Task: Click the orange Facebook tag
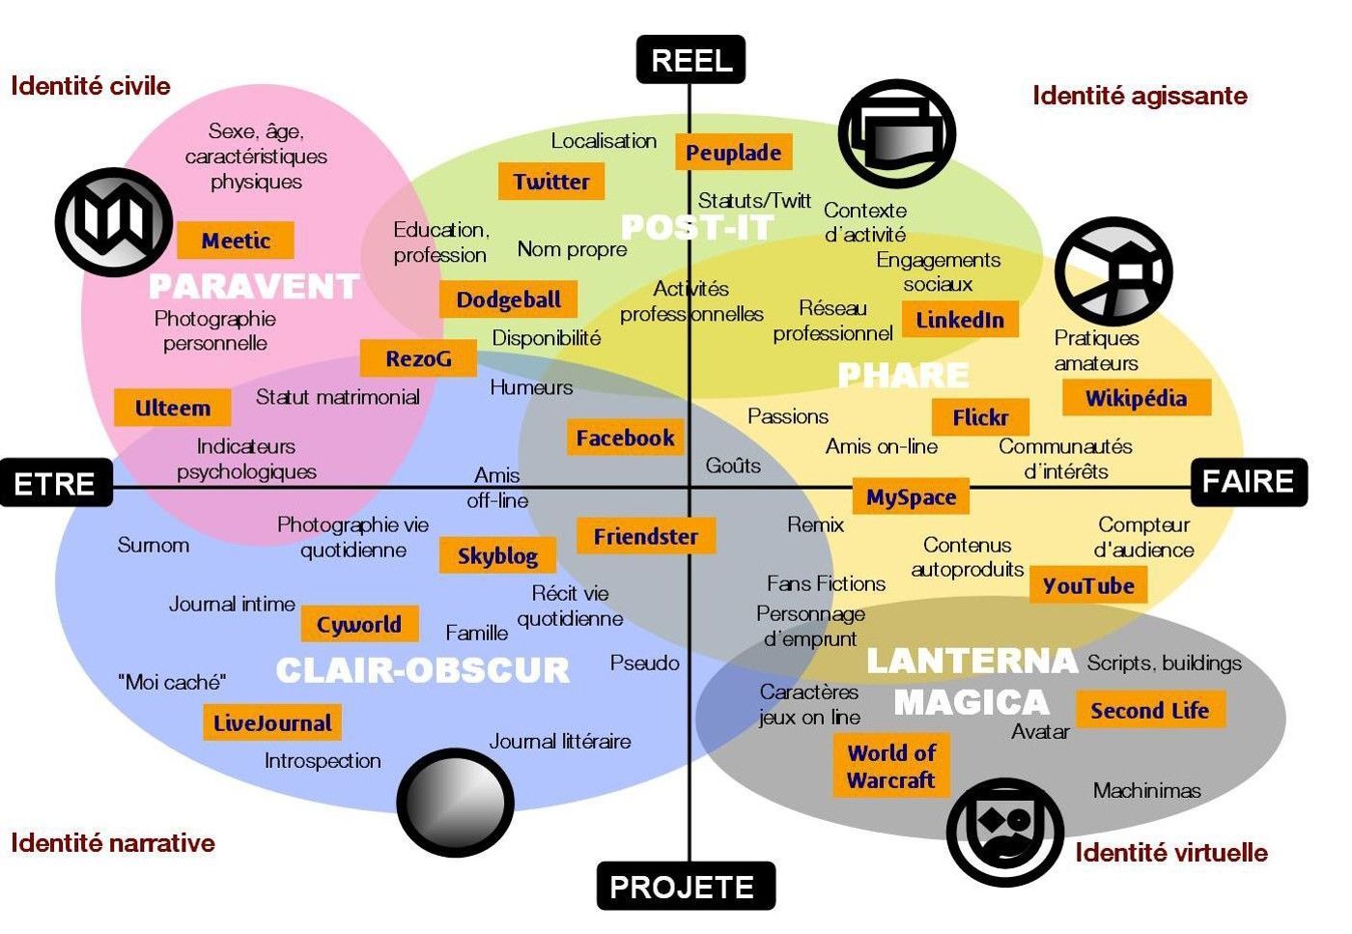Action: [626, 438]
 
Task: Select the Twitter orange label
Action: [551, 182]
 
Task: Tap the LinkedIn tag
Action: [960, 320]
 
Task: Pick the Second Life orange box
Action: [1150, 709]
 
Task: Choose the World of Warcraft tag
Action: [891, 766]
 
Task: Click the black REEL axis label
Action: [691, 60]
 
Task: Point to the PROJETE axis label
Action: [686, 886]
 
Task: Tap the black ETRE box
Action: [56, 483]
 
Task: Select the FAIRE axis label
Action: [1249, 482]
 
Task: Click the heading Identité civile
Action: [91, 86]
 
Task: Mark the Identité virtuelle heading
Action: [1171, 853]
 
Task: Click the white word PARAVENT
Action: [253, 286]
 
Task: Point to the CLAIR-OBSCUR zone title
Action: [423, 669]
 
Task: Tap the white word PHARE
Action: [904, 375]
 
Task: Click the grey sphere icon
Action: [456, 803]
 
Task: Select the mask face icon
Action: [1005, 832]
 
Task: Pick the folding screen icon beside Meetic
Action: [114, 221]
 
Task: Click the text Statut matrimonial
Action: [337, 397]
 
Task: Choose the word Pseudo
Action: [645, 663]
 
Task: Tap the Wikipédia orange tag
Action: [1137, 398]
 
